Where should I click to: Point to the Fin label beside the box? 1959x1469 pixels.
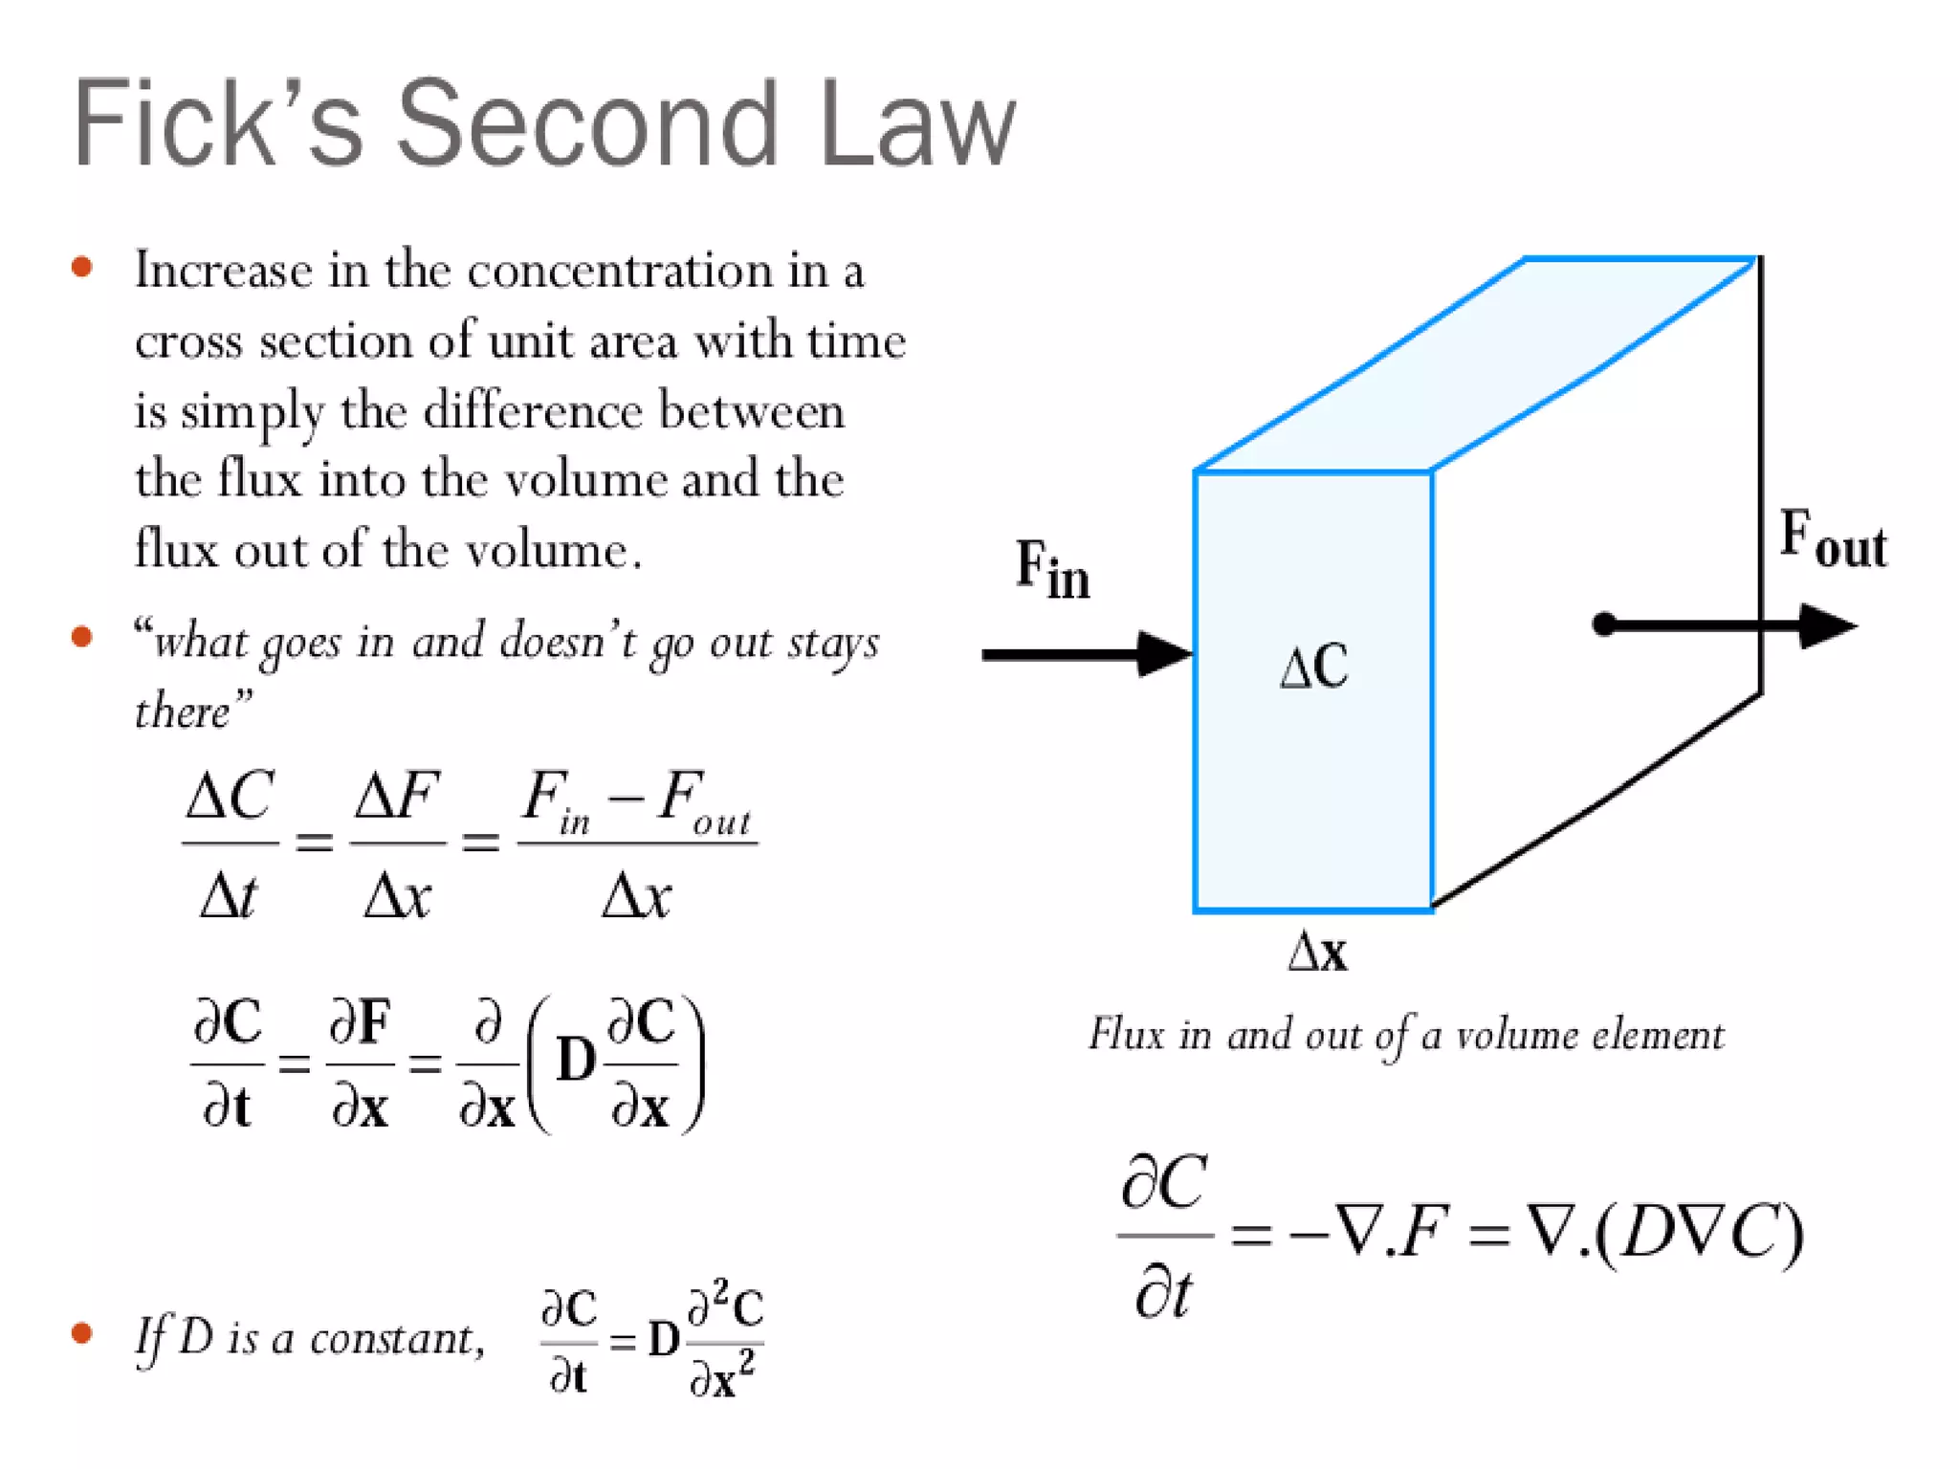point(1052,570)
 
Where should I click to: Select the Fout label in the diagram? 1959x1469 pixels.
point(1833,539)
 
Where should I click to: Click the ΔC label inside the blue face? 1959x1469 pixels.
point(1314,667)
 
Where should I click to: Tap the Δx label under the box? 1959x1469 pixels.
point(1317,953)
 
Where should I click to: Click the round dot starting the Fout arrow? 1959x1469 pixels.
point(1604,625)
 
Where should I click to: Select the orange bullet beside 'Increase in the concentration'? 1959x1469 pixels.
point(82,267)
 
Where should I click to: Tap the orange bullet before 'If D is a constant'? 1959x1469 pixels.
point(82,1333)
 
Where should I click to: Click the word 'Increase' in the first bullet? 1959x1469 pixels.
point(223,271)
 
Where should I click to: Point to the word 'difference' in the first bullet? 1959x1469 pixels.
point(533,411)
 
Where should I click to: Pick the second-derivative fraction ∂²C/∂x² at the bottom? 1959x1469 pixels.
point(724,1339)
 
